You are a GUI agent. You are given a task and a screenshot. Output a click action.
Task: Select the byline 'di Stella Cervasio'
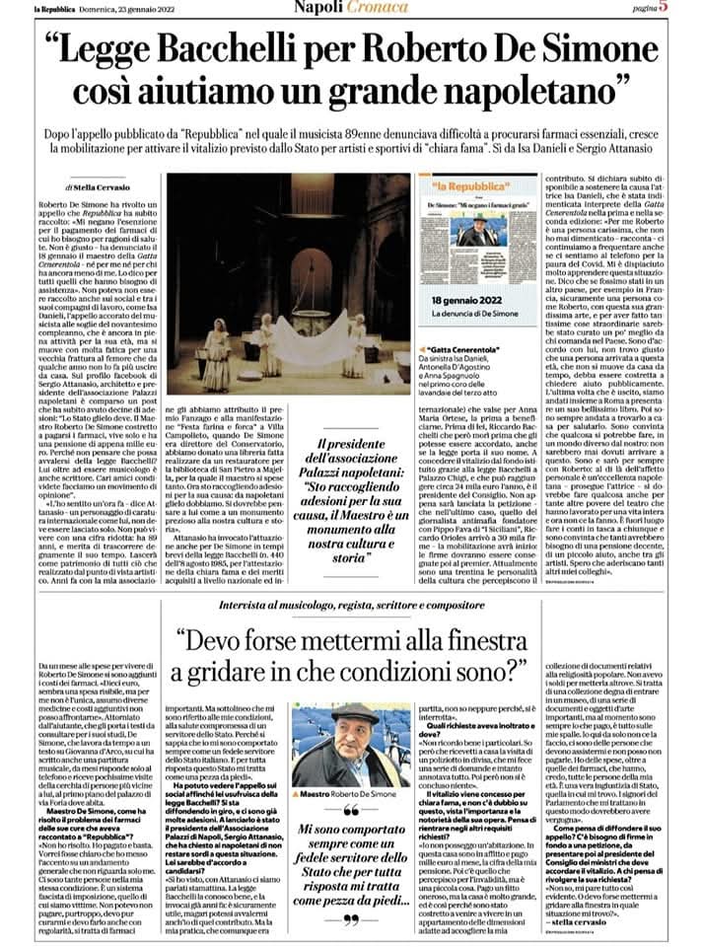(x=100, y=184)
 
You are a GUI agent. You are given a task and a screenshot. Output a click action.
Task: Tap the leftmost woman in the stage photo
(x=218, y=355)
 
